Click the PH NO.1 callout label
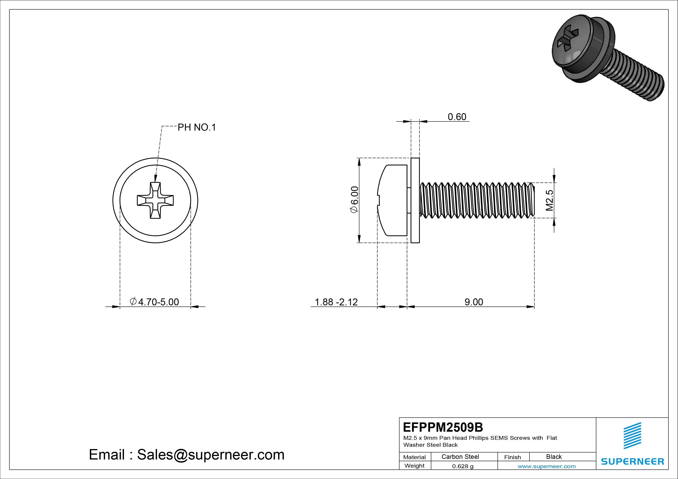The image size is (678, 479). coord(197,127)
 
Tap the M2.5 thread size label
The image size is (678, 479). coord(549,200)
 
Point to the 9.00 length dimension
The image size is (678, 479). coord(474,302)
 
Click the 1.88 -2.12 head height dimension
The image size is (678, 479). coord(336,302)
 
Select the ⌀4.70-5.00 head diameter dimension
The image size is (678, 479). coord(154,302)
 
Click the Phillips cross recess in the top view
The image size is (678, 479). coord(155,200)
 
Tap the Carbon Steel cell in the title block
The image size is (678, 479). coord(460,457)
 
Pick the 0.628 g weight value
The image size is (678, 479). coord(463,466)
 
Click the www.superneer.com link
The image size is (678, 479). coord(547,466)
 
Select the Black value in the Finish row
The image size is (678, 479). coord(554,457)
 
